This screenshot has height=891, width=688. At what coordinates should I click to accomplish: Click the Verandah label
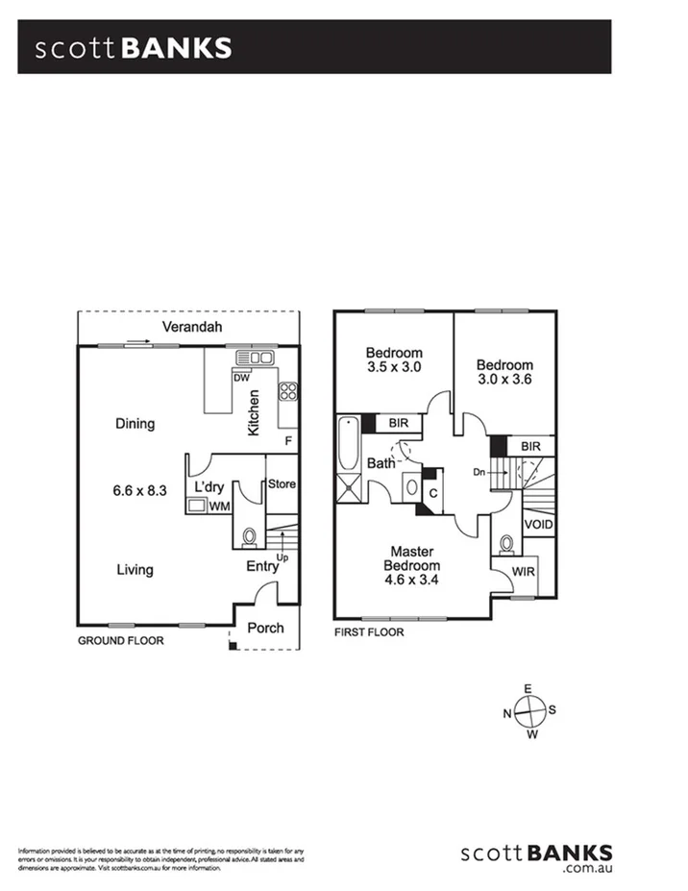[191, 328]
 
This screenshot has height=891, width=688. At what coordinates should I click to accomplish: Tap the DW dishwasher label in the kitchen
[241, 378]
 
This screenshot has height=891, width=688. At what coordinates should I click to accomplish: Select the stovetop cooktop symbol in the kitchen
[287, 391]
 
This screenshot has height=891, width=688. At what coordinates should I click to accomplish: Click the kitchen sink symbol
[256, 359]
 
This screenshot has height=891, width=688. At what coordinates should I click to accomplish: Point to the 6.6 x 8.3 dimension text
[140, 490]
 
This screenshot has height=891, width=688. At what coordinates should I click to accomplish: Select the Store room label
[281, 483]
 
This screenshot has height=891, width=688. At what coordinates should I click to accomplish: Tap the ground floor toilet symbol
[249, 535]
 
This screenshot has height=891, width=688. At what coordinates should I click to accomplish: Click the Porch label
[265, 629]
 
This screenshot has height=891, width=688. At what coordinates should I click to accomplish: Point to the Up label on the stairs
[282, 557]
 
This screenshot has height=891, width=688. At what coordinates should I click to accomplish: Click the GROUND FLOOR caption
[120, 640]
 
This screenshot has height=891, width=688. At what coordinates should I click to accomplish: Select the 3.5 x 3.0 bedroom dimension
[394, 367]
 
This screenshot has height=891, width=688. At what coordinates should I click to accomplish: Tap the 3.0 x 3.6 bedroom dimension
[504, 380]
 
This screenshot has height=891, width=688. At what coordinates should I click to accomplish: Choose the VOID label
[538, 525]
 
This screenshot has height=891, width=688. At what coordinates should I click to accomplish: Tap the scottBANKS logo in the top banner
[134, 48]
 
